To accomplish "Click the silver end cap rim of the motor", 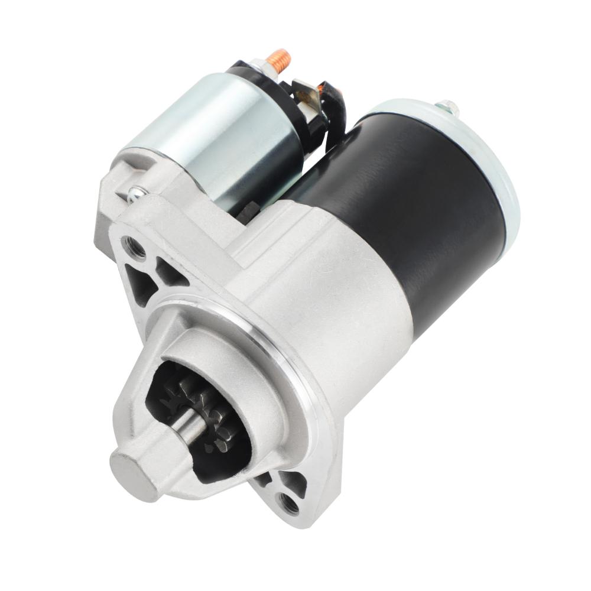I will (502, 177).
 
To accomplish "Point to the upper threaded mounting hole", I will (134, 247).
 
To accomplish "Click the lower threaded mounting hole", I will (290, 504).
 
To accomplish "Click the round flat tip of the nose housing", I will (133, 467).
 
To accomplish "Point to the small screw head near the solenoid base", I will (134, 192).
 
